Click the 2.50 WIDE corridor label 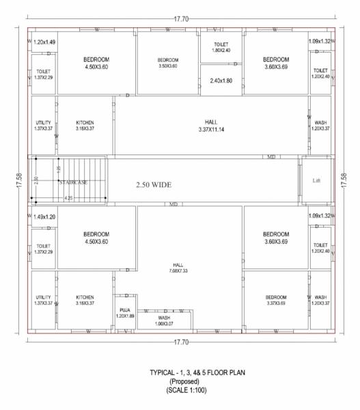click(x=153, y=184)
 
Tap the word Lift click(x=316, y=181)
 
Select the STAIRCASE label click(x=72, y=182)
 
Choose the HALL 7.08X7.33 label click(x=178, y=268)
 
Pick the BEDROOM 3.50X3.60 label click(x=168, y=63)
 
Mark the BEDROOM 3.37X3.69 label click(x=277, y=300)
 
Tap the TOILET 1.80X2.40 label click(x=222, y=47)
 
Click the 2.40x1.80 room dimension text click(x=221, y=81)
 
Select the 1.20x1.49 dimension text click(x=44, y=42)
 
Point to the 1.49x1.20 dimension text click(x=44, y=217)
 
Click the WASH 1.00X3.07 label click(x=164, y=320)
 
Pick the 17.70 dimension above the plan click(x=181, y=18)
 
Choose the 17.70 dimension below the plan click(x=181, y=342)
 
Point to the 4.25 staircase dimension click(x=69, y=197)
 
